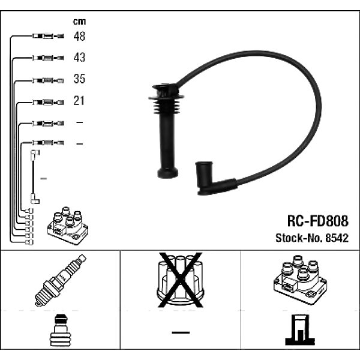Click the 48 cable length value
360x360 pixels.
pyautogui.click(x=79, y=37)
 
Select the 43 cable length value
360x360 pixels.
pyautogui.click(x=79, y=58)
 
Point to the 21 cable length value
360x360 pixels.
pyautogui.click(x=79, y=101)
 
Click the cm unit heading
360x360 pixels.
pyautogui.click(x=79, y=22)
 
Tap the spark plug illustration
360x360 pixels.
pyautogui.click(x=61, y=280)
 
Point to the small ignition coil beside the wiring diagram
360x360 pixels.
pyautogui.click(x=67, y=226)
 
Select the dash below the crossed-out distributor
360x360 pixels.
pyautogui.click(x=181, y=332)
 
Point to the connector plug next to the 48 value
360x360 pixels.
pyautogui.click(x=46, y=37)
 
